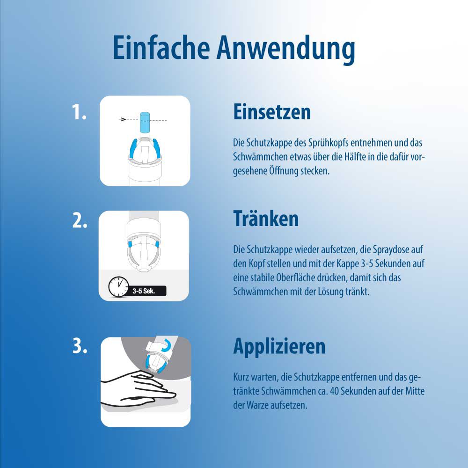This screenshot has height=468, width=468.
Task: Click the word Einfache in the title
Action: point(161,47)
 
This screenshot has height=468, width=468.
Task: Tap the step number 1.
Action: point(79,112)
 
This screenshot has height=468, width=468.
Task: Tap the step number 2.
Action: point(80,220)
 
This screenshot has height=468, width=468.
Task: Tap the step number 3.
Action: point(80,346)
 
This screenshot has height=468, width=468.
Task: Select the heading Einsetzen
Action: point(272,112)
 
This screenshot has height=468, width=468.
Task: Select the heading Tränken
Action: point(266,219)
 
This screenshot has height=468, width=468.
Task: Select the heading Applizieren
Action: point(279,346)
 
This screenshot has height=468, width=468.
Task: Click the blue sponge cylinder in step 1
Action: point(145,122)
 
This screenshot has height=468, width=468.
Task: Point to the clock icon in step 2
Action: point(118,286)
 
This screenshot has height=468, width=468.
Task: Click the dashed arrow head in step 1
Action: point(123,119)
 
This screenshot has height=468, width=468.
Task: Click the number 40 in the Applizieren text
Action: point(335,391)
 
